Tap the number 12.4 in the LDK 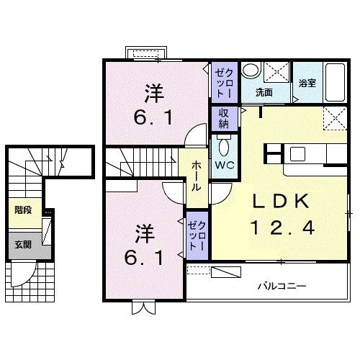[283, 228]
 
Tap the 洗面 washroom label [264, 92]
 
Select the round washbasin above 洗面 [250, 71]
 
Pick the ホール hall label [196, 175]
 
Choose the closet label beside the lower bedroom [197, 235]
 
